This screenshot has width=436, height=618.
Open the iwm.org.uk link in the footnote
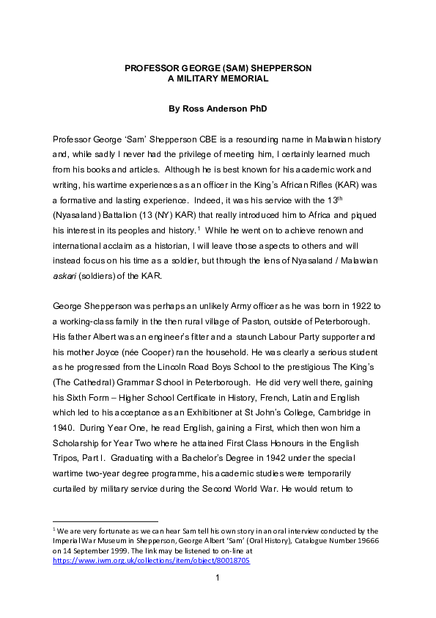coord(152,560)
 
